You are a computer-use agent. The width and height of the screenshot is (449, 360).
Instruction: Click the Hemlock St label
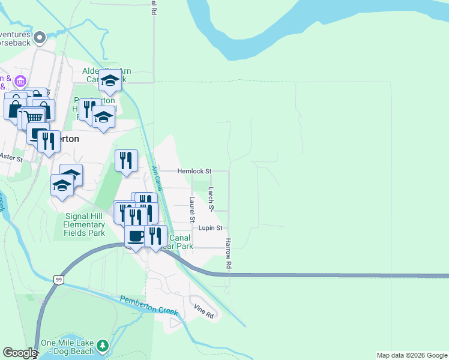194,171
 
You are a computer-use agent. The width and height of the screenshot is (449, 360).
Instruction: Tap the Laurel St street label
193,210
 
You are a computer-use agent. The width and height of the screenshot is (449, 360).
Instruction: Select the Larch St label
211,199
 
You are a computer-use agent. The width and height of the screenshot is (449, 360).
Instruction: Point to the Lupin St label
211,228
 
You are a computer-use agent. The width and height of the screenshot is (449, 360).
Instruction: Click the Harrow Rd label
228,253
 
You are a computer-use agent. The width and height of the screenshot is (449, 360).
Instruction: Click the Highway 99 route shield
58,280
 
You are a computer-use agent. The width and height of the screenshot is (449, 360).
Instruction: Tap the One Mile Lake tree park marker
103,346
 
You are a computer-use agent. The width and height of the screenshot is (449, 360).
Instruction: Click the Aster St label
11,158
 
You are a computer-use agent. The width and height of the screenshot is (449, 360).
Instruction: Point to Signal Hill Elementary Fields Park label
84,224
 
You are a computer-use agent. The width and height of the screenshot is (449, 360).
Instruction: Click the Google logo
20,353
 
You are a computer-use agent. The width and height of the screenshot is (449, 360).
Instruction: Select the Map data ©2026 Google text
412,355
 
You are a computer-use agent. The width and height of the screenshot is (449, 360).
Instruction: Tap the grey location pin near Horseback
40,38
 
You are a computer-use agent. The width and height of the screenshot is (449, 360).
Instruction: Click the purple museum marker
20,80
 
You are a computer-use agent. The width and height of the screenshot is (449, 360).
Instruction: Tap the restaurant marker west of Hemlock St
126,160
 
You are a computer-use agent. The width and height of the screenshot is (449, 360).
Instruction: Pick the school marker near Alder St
110,80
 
